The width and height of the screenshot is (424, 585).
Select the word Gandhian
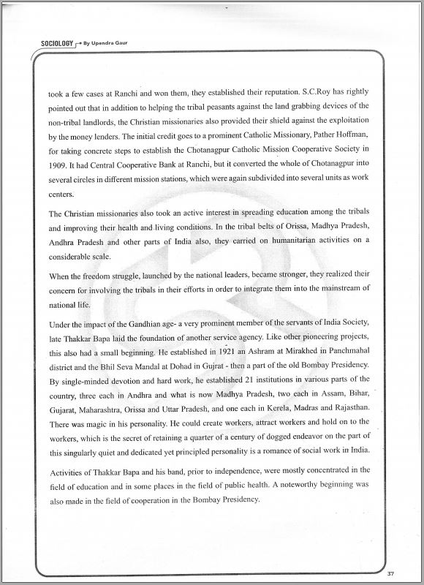(149, 322)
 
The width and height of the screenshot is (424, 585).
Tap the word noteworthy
(306, 483)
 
